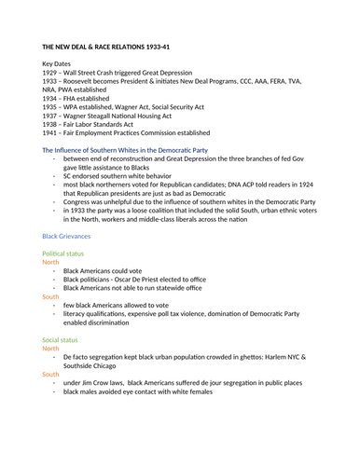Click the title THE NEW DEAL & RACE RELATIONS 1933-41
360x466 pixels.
pyautogui.click(x=105, y=46)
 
